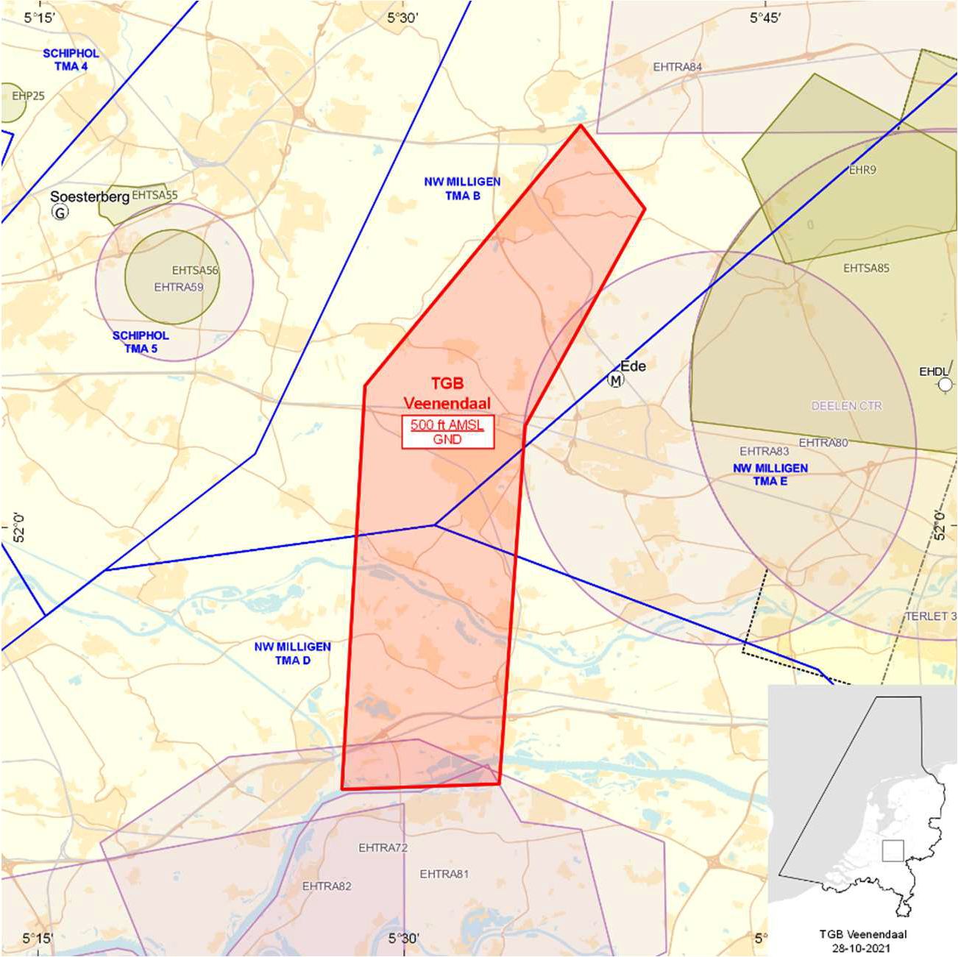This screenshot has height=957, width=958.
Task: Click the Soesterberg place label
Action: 90,196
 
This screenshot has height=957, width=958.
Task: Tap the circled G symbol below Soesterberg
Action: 60,213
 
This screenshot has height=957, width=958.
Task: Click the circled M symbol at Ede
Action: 615,380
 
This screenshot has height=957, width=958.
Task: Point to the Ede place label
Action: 633,366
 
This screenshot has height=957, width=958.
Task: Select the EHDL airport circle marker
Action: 945,384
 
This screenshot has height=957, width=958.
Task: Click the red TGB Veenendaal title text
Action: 447,393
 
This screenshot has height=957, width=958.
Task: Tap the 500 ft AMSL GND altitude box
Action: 447,432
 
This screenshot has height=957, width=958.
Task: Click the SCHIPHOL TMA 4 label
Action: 71,60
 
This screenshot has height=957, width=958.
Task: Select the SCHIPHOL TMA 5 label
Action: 141,342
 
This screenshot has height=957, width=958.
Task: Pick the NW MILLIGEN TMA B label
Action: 462,188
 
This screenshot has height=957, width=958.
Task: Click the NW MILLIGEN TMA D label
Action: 292,653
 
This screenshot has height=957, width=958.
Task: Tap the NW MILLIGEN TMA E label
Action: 770,474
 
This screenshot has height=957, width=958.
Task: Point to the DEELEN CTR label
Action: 846,405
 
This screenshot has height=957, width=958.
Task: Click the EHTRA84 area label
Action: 677,67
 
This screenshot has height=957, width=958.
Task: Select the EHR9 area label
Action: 862,170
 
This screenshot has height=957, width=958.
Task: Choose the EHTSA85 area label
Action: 866,268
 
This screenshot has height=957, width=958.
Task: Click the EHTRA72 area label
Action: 383,847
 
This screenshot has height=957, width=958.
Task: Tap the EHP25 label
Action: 28,96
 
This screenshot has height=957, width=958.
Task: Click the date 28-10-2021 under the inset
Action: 862,948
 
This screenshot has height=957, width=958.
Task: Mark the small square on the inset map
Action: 893,850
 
